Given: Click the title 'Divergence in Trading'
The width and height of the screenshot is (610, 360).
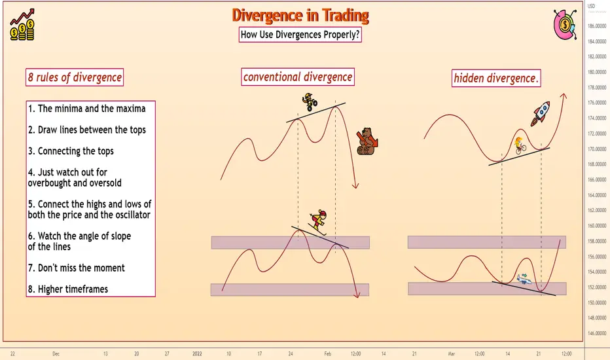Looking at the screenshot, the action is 300,16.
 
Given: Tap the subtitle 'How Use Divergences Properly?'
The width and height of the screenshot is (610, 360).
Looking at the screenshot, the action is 300,35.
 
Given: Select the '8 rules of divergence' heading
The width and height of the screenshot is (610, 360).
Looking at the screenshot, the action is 75,77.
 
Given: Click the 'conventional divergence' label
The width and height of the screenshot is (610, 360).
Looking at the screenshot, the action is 298,77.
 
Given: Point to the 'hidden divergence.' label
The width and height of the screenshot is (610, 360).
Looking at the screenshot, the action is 496,78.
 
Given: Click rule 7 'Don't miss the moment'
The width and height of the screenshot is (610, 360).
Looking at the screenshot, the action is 76,268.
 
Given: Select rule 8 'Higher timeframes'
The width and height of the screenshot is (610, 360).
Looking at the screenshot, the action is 67,289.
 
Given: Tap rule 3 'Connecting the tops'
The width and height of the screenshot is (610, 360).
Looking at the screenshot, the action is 71,151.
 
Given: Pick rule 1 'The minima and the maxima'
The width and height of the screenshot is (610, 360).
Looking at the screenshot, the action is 87,109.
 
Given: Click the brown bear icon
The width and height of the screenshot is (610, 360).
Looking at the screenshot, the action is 367,141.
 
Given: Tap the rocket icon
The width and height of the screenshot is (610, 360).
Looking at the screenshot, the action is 541,114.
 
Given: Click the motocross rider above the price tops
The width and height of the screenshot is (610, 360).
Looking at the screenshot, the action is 310,102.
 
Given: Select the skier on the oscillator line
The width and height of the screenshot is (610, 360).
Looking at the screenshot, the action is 319,223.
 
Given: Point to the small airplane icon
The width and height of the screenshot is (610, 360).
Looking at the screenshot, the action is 524,278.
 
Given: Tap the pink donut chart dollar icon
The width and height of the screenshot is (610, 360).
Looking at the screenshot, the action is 565,24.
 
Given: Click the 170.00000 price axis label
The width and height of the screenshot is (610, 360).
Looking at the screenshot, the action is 597,149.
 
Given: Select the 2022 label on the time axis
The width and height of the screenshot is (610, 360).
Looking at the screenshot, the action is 197,353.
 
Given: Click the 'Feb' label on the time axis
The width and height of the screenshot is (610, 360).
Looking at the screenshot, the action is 327,353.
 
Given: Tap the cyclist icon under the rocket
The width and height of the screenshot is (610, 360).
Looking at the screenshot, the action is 520,145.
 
